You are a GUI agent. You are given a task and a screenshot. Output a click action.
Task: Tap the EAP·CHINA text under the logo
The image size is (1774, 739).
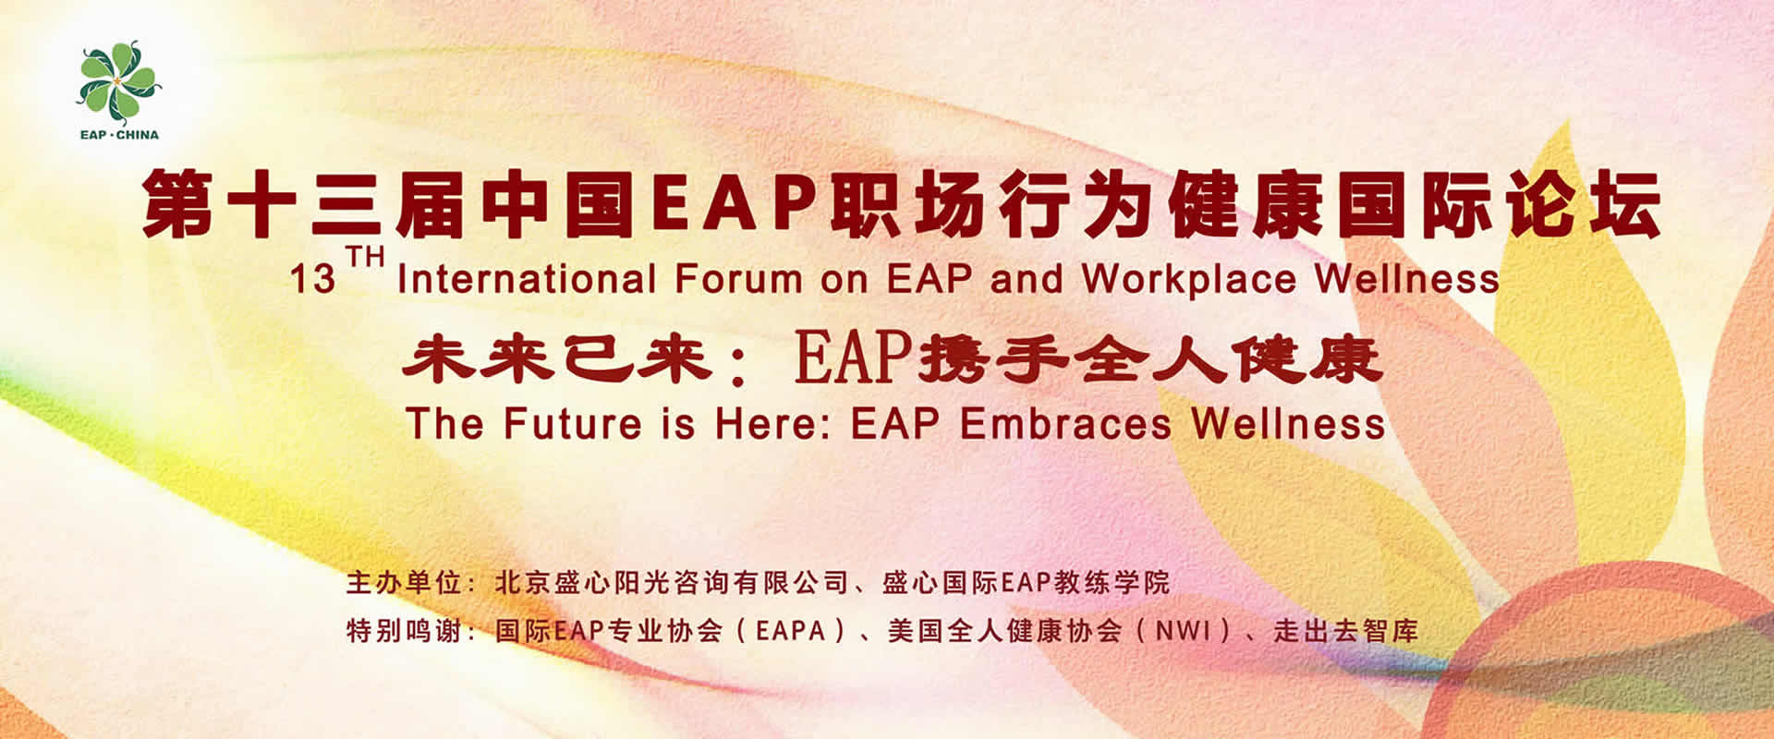119,135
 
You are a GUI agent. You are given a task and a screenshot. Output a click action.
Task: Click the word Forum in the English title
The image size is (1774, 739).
737,279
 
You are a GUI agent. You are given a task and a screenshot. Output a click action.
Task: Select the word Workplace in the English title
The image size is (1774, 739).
1188,279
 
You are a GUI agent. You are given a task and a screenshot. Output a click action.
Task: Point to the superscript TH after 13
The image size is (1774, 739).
364,256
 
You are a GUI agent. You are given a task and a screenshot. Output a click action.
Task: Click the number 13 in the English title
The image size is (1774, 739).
312,280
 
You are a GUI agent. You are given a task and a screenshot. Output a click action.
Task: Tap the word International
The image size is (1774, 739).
527,279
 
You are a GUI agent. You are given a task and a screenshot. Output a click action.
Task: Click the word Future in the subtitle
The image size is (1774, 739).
573,424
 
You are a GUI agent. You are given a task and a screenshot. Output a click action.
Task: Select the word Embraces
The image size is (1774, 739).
1066,424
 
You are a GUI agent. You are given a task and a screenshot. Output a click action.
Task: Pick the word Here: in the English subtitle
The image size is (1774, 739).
774,424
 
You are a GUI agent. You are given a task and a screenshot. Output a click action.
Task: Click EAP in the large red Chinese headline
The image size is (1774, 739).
732,202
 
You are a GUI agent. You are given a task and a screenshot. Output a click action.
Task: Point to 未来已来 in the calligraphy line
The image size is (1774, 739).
557,358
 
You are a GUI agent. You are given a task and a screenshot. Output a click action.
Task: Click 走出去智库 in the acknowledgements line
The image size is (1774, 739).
1345,632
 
